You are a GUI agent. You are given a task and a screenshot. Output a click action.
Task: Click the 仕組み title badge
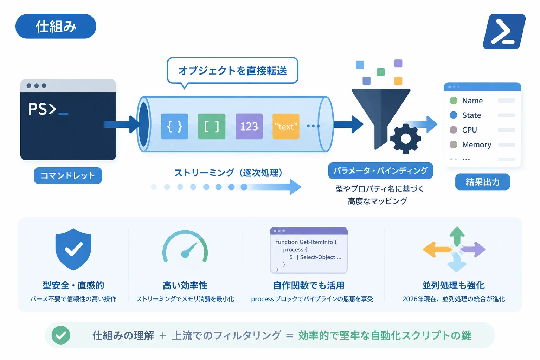pyautogui.click(x=56, y=26)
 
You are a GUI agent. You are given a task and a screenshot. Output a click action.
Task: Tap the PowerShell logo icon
pyautogui.click(x=504, y=32)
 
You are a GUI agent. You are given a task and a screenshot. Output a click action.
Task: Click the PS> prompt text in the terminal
pyautogui.click(x=42, y=109)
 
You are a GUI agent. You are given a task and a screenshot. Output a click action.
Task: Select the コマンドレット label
pyautogui.click(x=68, y=175)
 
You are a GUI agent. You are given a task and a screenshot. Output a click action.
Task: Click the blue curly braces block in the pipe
pyautogui.click(x=174, y=126)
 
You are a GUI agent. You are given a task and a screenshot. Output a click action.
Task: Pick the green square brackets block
pyautogui.click(x=212, y=126)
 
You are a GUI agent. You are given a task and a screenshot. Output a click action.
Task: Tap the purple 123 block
pyautogui.click(x=249, y=126)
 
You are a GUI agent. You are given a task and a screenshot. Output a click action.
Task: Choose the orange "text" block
pyautogui.click(x=286, y=126)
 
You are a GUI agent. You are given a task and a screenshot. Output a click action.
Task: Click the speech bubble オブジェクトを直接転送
pyautogui.click(x=233, y=71)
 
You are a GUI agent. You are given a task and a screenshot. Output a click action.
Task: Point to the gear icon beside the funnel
pyautogui.click(x=405, y=139)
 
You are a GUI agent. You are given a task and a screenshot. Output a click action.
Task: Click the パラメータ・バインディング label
pyautogui.click(x=380, y=171)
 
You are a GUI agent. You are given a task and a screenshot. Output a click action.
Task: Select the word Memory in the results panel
pyautogui.click(x=477, y=145)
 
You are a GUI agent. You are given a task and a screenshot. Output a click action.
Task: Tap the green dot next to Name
pyautogui.click(x=454, y=101)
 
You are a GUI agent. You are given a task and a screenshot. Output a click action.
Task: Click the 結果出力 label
pyautogui.click(x=483, y=182)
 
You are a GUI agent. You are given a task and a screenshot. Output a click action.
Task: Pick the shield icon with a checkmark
pyautogui.click(x=73, y=249)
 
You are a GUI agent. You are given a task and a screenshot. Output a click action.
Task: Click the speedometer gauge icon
pyautogui.click(x=185, y=246)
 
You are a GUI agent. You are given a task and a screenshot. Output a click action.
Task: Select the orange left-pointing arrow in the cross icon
pyautogui.click(x=437, y=250)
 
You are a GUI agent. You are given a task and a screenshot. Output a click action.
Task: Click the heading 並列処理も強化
pyautogui.click(x=454, y=285)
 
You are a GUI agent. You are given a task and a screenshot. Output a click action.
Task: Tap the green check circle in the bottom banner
pyautogui.click(x=61, y=335)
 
